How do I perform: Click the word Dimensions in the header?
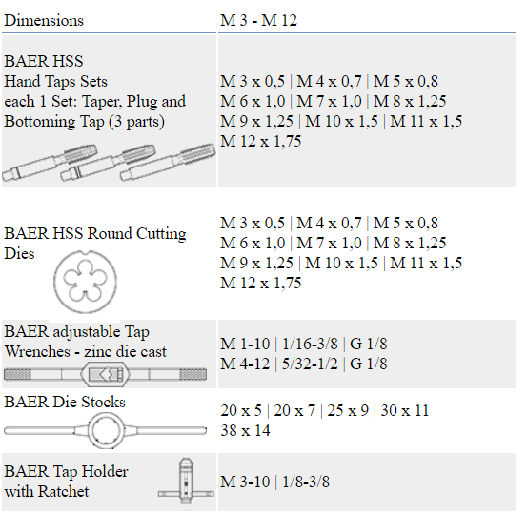click(44, 21)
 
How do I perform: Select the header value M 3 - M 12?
click(259, 21)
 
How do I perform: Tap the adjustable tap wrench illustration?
click(105, 374)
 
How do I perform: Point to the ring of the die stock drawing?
click(92, 431)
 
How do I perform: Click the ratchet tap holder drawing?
click(186, 481)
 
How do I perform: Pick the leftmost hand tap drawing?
click(50, 163)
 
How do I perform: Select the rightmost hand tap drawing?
click(168, 162)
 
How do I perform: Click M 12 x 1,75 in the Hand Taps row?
click(261, 142)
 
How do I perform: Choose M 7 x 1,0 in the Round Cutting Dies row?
click(329, 243)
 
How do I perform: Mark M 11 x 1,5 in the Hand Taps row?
click(426, 121)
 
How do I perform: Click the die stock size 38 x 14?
click(245, 430)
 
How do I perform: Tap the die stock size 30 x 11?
click(405, 410)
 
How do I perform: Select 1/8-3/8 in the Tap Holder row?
click(306, 482)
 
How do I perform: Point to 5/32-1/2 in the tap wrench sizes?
click(310, 364)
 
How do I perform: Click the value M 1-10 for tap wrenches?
click(245, 344)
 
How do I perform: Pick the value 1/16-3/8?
click(310, 344)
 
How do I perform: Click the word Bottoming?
click(40, 122)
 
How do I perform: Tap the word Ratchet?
click(63, 491)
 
